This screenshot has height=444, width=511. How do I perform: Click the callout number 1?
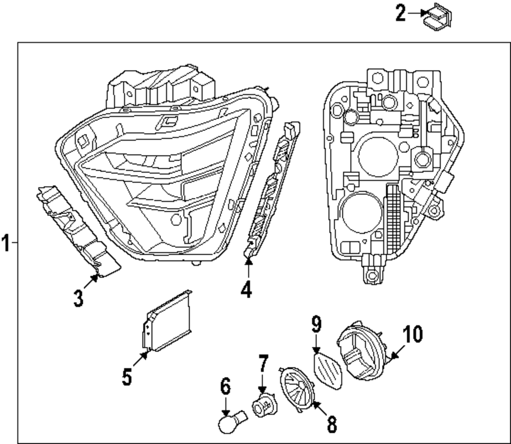[6, 242]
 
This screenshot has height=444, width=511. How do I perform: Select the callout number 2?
[401, 13]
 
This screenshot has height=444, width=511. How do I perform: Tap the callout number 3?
[78, 298]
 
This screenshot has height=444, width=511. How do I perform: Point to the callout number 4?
[246, 290]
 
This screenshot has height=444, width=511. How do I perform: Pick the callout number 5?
[127, 377]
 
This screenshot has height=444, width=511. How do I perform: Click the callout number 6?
[225, 387]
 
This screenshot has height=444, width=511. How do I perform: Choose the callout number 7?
[263, 364]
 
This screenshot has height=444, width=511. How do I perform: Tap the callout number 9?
[316, 324]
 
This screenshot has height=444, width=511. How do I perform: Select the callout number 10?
[412, 334]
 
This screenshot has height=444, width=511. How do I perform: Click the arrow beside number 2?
[414, 13]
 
